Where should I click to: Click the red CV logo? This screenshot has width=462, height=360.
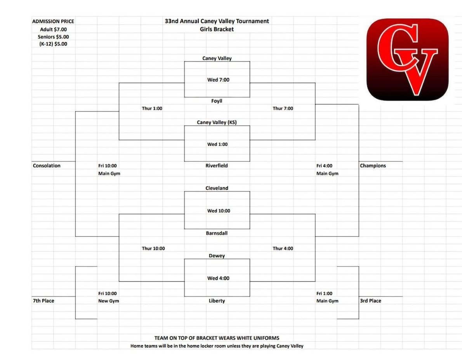pos(407,59)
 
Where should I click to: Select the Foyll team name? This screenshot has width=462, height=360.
pos(217,101)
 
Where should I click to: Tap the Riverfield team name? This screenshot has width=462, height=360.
pos(217,166)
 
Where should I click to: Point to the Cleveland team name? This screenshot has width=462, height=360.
pos(217,188)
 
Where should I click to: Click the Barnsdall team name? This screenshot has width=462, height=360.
pos(217,234)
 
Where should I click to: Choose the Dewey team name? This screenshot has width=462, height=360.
pos(217,256)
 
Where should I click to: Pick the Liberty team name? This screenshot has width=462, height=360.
pos(217,301)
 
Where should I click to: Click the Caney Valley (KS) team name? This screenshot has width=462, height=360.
pos(217,123)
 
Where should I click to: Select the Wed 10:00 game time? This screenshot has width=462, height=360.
pos(219,211)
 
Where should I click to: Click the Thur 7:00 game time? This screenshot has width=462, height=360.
pos(283,109)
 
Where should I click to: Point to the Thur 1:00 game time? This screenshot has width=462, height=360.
pos(152,109)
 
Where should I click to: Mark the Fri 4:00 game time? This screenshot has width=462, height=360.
pos(325,166)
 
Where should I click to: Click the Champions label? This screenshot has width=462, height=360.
pos(373,166)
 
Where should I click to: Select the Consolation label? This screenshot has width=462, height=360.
pos(47,166)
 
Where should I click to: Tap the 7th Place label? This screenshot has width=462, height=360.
pos(43,301)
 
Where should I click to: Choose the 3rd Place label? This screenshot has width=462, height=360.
pos(370,301)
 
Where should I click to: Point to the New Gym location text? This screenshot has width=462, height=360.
pos(109,301)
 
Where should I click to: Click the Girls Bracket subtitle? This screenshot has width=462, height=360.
pos(217,29)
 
